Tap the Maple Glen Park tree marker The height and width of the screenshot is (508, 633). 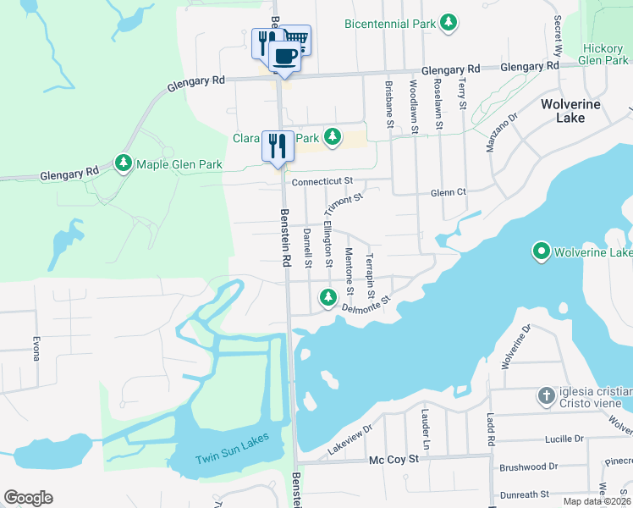124,162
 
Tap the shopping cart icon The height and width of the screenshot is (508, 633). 295,38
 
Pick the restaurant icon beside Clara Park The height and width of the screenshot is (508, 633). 278,146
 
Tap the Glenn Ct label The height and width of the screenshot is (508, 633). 449,192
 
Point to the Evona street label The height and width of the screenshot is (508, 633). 36,347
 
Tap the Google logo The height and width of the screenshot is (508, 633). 28,498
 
